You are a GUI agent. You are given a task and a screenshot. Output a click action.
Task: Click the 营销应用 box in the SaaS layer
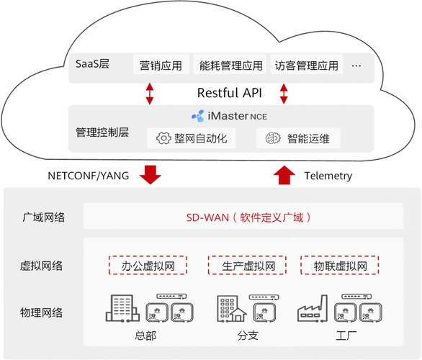tap(161, 66)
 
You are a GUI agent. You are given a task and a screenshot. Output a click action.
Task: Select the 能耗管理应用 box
tap(231, 66)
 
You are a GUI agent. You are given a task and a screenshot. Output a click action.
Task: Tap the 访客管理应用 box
tap(306, 66)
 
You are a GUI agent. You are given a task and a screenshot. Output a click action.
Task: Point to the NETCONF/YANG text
tap(89, 176)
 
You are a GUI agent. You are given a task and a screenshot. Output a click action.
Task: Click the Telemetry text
tap(328, 176)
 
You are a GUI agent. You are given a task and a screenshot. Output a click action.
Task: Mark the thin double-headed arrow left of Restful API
tap(150, 93)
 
